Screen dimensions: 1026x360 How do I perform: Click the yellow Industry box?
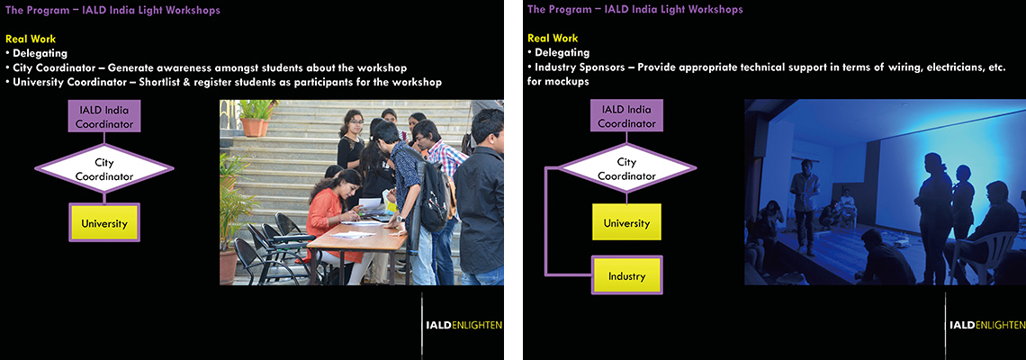tap(627, 275)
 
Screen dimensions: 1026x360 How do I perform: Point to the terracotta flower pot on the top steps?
tap(253, 126)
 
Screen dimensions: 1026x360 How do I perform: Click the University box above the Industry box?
tap(626, 222)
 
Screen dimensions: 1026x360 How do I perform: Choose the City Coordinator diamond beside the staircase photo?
tap(104, 169)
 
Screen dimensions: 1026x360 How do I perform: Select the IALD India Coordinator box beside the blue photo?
tap(626, 116)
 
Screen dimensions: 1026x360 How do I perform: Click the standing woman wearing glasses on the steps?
tap(351, 140)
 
